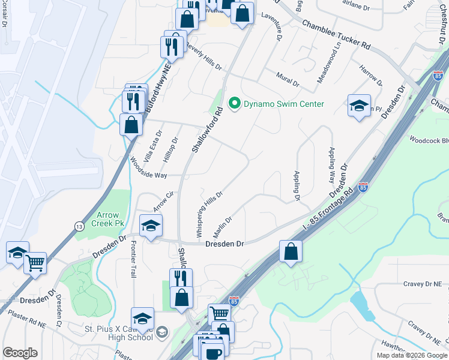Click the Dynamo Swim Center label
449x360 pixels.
point(283,104)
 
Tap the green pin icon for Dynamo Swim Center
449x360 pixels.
point(235,104)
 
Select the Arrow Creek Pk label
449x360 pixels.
point(106,219)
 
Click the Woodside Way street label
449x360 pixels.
point(149,167)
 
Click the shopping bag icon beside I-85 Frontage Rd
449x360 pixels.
point(291,251)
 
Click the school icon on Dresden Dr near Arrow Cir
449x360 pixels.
point(151,226)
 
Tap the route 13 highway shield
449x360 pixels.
point(79,226)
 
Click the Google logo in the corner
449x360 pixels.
point(20,353)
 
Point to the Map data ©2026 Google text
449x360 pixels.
point(412,355)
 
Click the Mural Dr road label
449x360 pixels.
point(288,78)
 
